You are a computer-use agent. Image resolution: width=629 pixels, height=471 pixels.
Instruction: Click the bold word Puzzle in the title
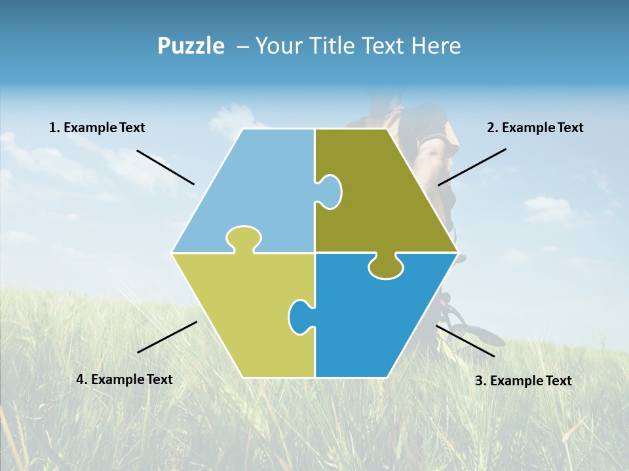click(x=191, y=46)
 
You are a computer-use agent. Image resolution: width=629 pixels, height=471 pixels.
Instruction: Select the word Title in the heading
click(x=332, y=46)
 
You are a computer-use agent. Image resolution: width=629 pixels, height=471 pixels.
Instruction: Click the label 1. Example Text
click(x=97, y=128)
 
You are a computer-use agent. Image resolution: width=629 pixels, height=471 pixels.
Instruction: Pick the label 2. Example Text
click(x=535, y=128)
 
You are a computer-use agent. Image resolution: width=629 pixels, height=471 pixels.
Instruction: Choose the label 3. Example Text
click(x=523, y=381)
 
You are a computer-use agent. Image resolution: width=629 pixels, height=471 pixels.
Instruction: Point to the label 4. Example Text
click(x=124, y=379)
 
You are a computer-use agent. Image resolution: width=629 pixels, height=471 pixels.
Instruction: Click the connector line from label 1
click(x=165, y=167)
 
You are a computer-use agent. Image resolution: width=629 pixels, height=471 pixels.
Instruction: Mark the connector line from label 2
click(x=472, y=167)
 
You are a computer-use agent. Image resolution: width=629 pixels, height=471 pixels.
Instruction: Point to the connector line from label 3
click(x=465, y=341)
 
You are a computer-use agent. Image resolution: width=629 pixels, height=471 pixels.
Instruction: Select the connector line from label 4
click(x=167, y=337)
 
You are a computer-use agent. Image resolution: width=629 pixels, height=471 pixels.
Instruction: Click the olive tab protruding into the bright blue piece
click(x=386, y=266)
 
